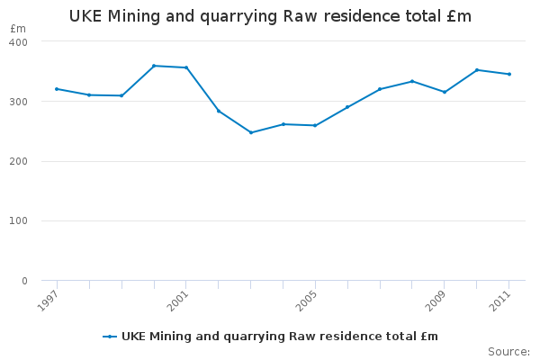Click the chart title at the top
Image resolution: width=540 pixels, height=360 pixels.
[270, 17]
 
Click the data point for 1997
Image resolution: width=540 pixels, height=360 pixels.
[57, 89]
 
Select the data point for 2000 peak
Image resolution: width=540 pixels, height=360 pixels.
[154, 66]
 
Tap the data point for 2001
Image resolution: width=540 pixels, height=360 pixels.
[186, 67]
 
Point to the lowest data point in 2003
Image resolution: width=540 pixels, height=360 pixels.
[251, 132]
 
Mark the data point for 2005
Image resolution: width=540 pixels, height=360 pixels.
[315, 125]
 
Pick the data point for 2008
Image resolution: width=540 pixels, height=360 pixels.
[412, 81]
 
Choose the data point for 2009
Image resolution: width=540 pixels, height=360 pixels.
[445, 92]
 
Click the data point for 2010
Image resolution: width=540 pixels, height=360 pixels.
[477, 69]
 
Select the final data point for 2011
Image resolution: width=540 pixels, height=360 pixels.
[509, 74]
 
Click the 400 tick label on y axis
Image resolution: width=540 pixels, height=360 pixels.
[19, 42]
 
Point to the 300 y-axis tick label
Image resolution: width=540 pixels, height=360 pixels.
[19, 102]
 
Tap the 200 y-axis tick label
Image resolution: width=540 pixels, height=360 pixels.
[19, 162]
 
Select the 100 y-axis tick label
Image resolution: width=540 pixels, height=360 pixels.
[19, 221]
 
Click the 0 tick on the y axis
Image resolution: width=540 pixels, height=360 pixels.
[24, 281]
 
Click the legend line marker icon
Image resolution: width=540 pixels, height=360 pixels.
[110, 337]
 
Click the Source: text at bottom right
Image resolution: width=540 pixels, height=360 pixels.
[508, 351]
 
